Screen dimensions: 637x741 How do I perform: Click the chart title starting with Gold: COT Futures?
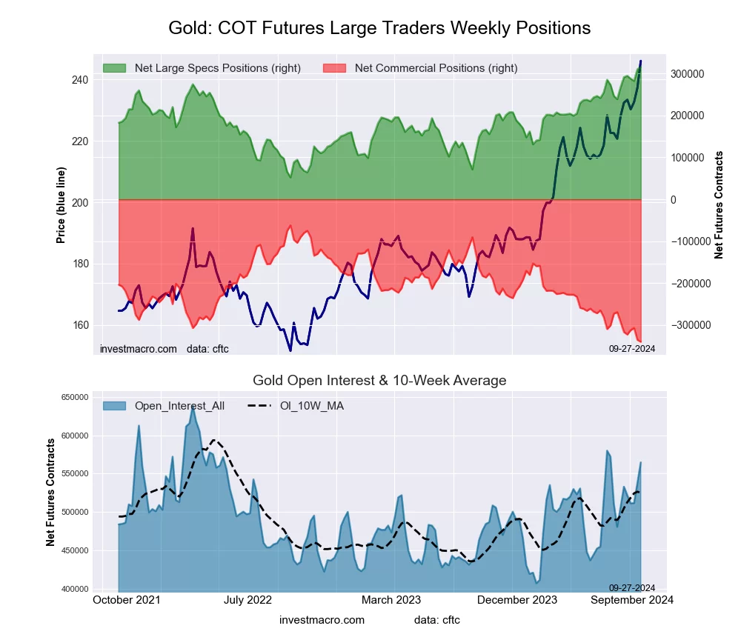(x=379, y=28)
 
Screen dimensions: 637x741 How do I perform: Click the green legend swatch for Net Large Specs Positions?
(x=115, y=68)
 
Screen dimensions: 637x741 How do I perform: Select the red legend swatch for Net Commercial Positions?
(x=335, y=68)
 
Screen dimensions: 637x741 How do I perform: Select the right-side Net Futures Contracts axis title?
(x=719, y=204)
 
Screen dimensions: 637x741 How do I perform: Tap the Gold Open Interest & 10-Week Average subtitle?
(x=379, y=381)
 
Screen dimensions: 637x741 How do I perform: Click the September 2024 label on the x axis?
(x=631, y=600)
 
